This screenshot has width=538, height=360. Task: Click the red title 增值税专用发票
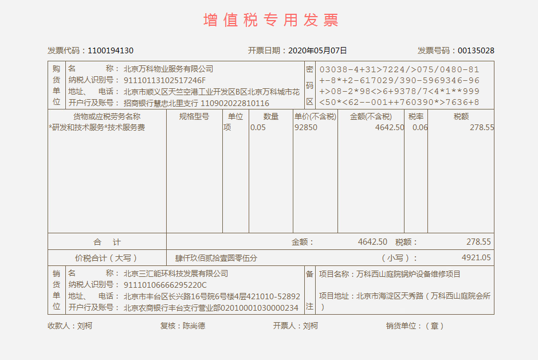[271, 20]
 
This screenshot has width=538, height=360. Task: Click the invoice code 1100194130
[111, 50]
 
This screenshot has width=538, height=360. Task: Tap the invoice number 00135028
[476, 50]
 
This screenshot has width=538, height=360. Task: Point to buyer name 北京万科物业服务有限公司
[168, 69]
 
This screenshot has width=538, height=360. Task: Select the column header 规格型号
[194, 116]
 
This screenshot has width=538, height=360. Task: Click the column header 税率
[416, 116]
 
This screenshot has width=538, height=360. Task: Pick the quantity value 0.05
[258, 127]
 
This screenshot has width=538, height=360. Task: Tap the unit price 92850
[306, 127]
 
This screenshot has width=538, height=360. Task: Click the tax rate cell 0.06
[420, 127]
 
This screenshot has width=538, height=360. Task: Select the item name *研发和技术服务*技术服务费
[97, 127]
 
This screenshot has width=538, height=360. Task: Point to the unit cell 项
[227, 127]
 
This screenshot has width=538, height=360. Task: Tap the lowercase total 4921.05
[476, 258]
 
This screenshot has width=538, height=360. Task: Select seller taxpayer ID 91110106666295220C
[165, 285]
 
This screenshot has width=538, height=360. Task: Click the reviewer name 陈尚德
[194, 326]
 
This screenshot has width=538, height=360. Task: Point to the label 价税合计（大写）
[106, 258]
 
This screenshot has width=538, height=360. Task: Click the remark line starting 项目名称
[389, 274]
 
